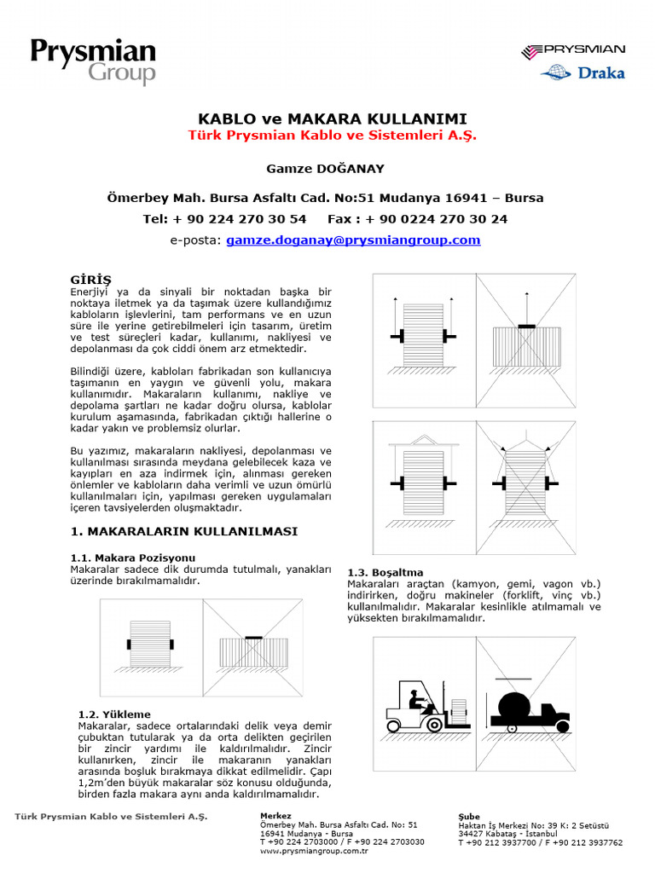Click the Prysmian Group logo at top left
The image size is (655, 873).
(93, 61)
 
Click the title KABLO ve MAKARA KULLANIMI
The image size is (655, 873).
(332, 119)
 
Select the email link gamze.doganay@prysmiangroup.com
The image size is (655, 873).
(353, 240)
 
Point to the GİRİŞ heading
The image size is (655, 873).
(90, 280)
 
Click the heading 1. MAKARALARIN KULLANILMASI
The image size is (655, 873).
(183, 531)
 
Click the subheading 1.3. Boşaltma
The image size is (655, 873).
(385, 572)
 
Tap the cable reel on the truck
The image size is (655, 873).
(519, 707)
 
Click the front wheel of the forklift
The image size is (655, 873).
(435, 725)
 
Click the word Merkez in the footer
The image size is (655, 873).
(275, 816)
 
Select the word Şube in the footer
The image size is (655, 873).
(469, 817)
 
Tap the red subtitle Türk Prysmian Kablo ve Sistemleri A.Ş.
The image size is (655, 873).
(332, 136)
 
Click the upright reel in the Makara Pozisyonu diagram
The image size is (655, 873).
(151, 643)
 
